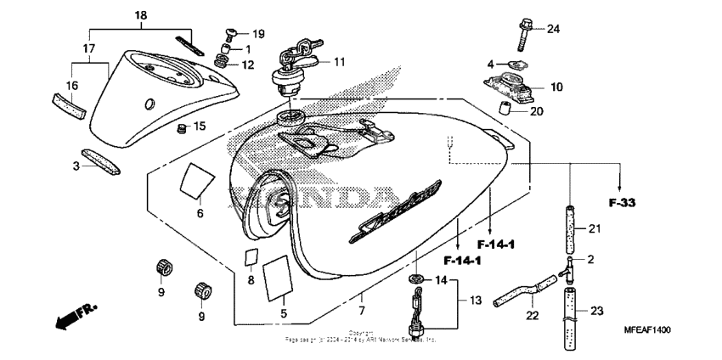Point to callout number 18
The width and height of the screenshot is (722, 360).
(141, 15)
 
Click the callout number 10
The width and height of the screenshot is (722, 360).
(556, 87)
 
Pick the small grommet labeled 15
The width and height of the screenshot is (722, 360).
(180, 129)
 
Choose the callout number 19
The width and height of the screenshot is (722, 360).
(258, 34)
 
